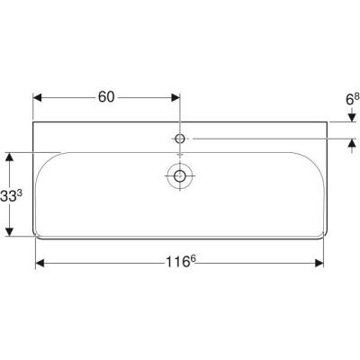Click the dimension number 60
106,97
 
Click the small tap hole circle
180,139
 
